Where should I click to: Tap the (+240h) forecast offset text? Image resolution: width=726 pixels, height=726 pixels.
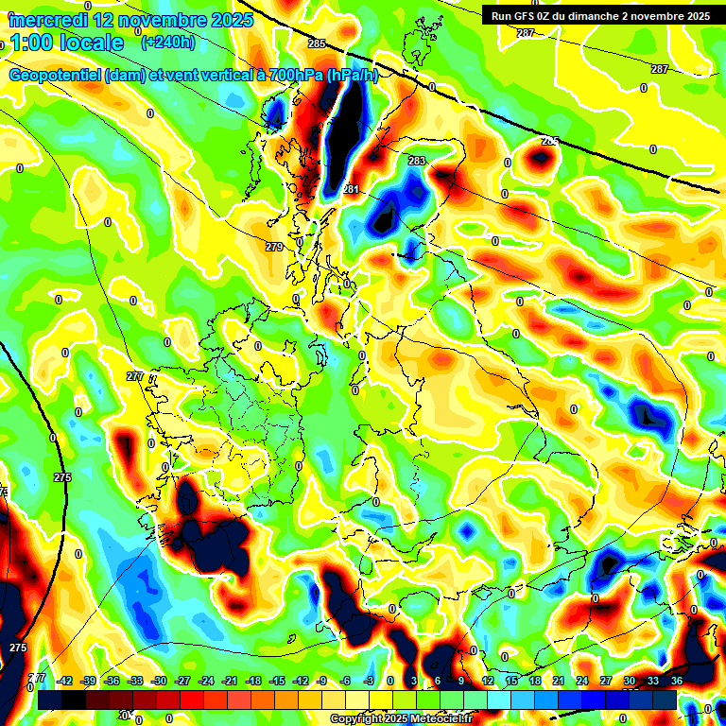coord(168,43)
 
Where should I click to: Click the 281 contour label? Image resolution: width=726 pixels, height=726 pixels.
coord(351,190)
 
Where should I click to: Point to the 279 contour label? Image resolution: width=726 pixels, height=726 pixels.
coord(274,247)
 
